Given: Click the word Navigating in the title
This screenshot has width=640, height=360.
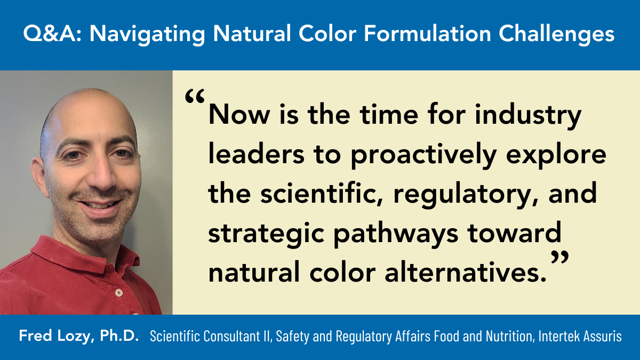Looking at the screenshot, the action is (147, 34).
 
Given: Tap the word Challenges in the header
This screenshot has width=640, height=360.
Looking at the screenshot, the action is (556, 34).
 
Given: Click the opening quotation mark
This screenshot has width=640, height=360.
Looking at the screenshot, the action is (195, 96).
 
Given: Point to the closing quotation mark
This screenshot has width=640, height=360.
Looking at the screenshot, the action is (559, 257).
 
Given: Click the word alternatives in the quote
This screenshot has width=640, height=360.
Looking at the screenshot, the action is (466, 273).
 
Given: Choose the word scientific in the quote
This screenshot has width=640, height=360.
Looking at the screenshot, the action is (322, 194).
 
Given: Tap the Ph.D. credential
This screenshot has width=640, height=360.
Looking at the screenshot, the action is (119, 335).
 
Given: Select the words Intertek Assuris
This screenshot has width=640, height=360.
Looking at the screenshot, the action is (580, 336).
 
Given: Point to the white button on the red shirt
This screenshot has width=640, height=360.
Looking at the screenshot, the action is (119, 293).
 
